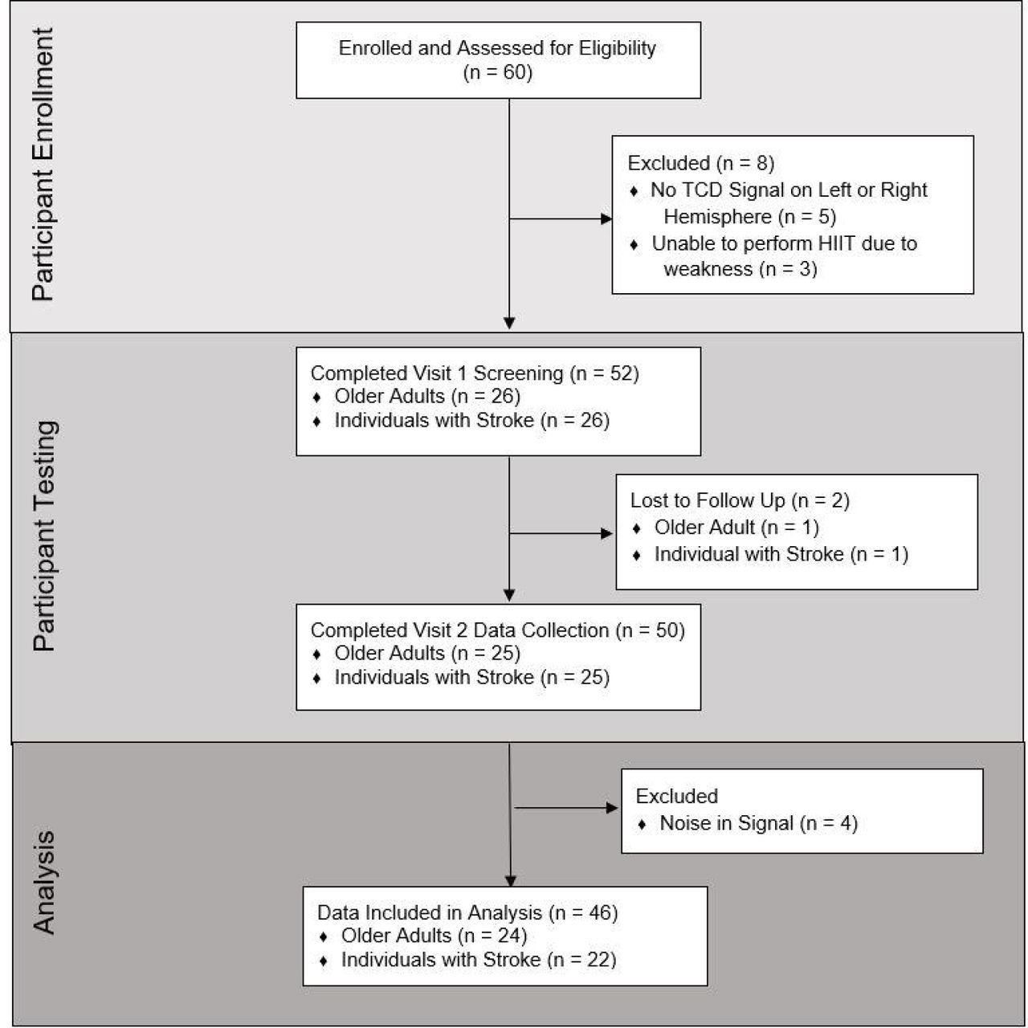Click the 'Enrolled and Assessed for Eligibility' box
coord(498,60)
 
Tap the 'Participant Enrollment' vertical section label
coord(43,165)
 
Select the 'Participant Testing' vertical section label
coord(43,536)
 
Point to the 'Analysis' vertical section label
coord(43,883)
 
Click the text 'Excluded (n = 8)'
coord(700,163)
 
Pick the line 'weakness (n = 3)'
coord(740,268)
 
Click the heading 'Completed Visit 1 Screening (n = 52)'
coord(475,373)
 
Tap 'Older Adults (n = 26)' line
coord(426,397)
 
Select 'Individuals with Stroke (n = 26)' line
coord(471,420)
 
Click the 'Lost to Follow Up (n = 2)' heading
coord(740,500)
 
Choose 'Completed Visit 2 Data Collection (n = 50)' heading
coord(497,630)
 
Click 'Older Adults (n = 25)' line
coord(426,653)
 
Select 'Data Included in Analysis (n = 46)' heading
coord(467,912)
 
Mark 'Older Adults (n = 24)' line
coord(434,936)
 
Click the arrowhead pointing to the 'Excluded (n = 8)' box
coord(606,218)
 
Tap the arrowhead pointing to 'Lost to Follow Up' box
coord(606,533)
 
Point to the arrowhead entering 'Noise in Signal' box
coord(612,808)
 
